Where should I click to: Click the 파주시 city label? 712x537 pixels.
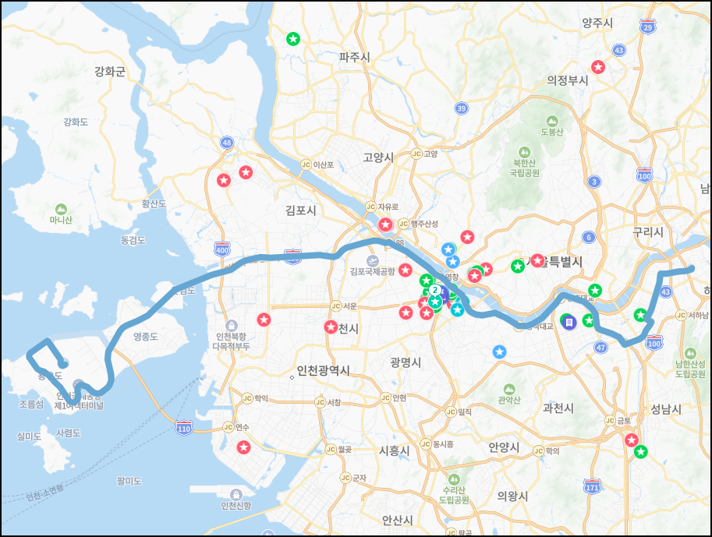pos(355,57)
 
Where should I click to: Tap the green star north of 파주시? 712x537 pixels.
pos(292,38)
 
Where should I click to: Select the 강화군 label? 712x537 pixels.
pos(110,72)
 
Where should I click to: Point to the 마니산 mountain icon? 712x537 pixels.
pos(61,208)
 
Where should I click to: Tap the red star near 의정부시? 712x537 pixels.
pos(598,67)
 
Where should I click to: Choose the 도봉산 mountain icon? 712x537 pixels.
pos(551,121)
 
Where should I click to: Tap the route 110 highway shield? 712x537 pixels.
pos(184,428)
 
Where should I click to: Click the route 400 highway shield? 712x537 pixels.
pos(222,249)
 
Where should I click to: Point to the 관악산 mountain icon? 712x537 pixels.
pos(508,389)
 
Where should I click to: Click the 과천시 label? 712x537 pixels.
pos(558,408)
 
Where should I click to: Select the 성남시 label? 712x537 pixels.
pos(666,409)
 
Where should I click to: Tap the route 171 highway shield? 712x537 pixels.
pos(593,488)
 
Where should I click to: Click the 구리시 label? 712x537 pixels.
pos(648,232)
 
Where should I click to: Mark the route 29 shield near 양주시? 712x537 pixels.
pos(647,27)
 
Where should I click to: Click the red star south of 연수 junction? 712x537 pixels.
pos(243,447)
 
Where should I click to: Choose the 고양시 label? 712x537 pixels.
pos(378,157)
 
